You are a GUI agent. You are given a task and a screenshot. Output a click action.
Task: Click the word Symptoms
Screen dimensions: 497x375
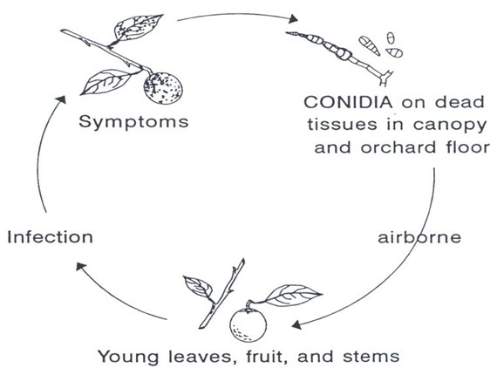[x=133, y=122]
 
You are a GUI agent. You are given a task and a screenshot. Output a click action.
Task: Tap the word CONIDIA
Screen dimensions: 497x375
[x=348, y=102]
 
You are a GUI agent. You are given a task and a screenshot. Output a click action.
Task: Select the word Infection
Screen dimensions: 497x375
[x=50, y=237]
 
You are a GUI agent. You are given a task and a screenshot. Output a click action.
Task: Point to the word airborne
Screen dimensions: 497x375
[x=419, y=237]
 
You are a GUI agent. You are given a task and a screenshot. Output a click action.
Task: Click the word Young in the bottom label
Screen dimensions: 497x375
[x=127, y=357]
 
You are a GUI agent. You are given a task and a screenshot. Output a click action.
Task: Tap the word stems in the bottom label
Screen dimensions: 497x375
[x=371, y=357]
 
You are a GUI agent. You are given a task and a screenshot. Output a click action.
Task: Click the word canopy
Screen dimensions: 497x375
[x=449, y=126]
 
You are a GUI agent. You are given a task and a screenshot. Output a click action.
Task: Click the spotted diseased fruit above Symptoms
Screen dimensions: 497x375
[x=163, y=88]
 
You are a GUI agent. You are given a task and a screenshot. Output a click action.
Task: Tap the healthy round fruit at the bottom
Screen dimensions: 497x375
[x=248, y=325]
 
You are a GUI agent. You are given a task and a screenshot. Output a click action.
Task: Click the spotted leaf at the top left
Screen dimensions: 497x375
[x=139, y=28]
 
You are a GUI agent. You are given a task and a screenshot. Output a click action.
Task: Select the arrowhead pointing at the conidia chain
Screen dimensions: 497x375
[x=293, y=18]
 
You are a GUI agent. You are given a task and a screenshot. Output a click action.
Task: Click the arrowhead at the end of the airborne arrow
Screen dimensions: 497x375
[x=296, y=325]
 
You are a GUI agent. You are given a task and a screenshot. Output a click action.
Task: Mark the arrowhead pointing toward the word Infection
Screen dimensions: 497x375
[x=81, y=267]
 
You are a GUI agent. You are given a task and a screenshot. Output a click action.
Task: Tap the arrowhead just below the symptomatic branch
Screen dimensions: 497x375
[x=61, y=99]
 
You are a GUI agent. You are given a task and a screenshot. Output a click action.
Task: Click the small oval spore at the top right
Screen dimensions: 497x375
[x=391, y=38]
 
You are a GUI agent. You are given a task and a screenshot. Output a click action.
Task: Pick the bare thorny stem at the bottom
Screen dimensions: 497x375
[x=221, y=294]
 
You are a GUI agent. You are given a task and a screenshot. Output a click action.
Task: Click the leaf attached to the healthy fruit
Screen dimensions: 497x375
[x=293, y=296]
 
